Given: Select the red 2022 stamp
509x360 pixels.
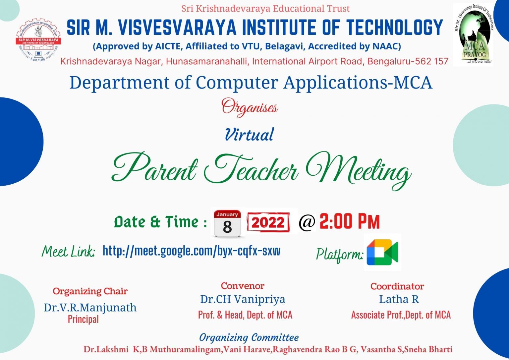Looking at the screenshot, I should [x=268, y=222].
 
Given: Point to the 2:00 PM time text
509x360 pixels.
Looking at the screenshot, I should [x=349, y=222].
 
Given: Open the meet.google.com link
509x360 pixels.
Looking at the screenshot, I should [x=191, y=251].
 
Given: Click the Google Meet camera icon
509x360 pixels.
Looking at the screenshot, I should [x=382, y=252].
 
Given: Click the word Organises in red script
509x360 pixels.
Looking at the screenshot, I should [x=250, y=107].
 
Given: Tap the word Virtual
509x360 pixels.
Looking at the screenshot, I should [x=249, y=135].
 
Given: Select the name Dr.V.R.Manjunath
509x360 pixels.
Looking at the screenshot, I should [x=90, y=308].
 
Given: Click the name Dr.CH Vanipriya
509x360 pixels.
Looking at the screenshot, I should [x=242, y=299].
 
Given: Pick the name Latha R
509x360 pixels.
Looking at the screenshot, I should [x=399, y=299].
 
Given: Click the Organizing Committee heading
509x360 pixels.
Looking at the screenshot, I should [x=249, y=337].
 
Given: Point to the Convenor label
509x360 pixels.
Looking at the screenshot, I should [x=243, y=286].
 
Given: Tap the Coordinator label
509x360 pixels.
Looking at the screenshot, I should [x=397, y=286].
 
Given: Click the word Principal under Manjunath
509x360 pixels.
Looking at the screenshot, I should [x=83, y=319].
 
